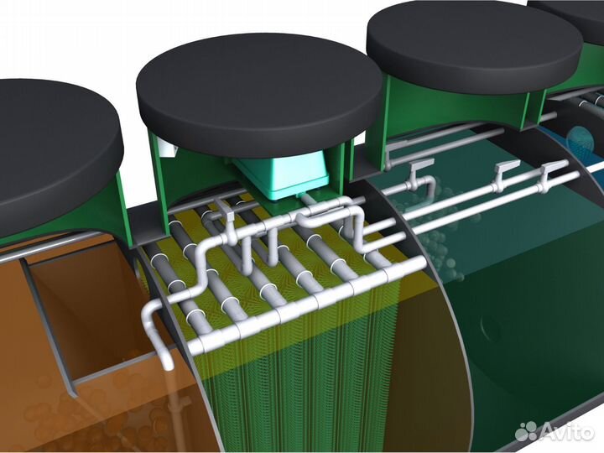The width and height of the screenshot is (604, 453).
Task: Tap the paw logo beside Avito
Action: pyautogui.click(x=527, y=431)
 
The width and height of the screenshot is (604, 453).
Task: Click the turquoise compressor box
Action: pyautogui.click(x=284, y=174)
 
